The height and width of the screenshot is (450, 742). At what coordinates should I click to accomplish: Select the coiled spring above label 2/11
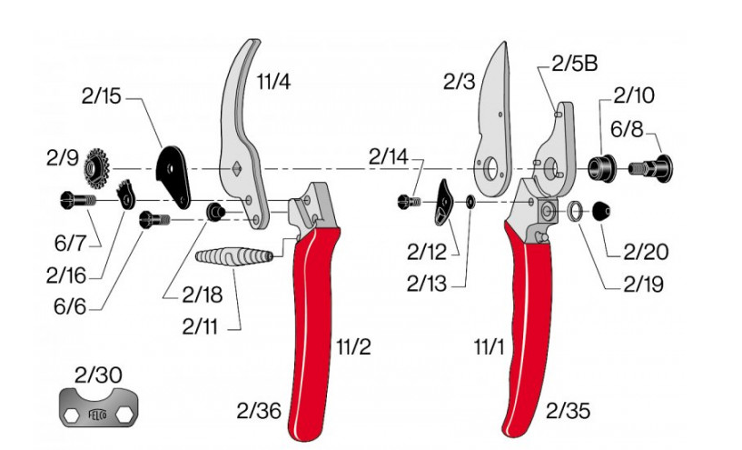[x=234, y=256]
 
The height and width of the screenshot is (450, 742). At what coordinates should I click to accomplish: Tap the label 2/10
[x=633, y=95]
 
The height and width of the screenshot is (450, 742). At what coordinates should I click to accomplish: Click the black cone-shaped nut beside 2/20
[x=601, y=211]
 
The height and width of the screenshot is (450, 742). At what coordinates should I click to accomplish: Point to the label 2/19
[x=643, y=284]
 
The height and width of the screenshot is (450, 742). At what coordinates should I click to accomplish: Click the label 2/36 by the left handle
[x=260, y=411]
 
